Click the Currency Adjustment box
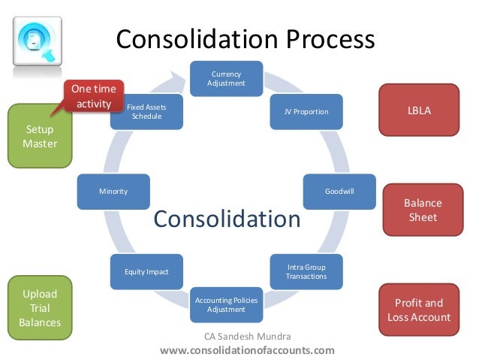226,77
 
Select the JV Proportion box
306,112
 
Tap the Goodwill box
339,192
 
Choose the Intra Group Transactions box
306,272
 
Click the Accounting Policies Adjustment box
226,305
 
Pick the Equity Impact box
146,272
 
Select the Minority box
113,192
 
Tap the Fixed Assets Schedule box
146,112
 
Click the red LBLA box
419,110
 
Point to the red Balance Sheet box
423,210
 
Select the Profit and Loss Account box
419,310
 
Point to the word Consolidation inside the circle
227,219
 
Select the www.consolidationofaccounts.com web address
247,350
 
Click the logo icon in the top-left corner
37,44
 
